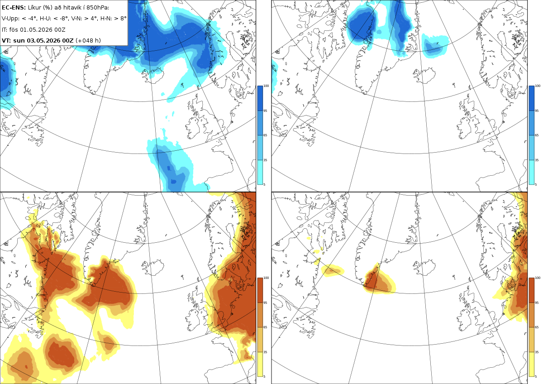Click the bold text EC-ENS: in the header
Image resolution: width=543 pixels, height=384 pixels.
click(14, 8)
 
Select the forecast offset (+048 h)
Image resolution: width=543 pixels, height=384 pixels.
click(88, 40)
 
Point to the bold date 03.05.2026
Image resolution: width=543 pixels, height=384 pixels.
click(43, 40)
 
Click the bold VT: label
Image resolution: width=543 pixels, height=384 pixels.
click(6, 40)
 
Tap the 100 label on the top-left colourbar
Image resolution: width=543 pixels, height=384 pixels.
click(266, 86)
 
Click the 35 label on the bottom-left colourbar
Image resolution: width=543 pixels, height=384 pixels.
click(265, 352)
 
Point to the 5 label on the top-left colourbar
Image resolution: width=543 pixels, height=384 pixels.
click(264, 184)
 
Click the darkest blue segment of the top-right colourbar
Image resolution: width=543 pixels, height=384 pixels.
click(531, 98)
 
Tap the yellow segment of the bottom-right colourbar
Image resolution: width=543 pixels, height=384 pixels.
click(531, 364)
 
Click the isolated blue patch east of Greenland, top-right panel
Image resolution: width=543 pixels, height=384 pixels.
click(435, 46)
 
